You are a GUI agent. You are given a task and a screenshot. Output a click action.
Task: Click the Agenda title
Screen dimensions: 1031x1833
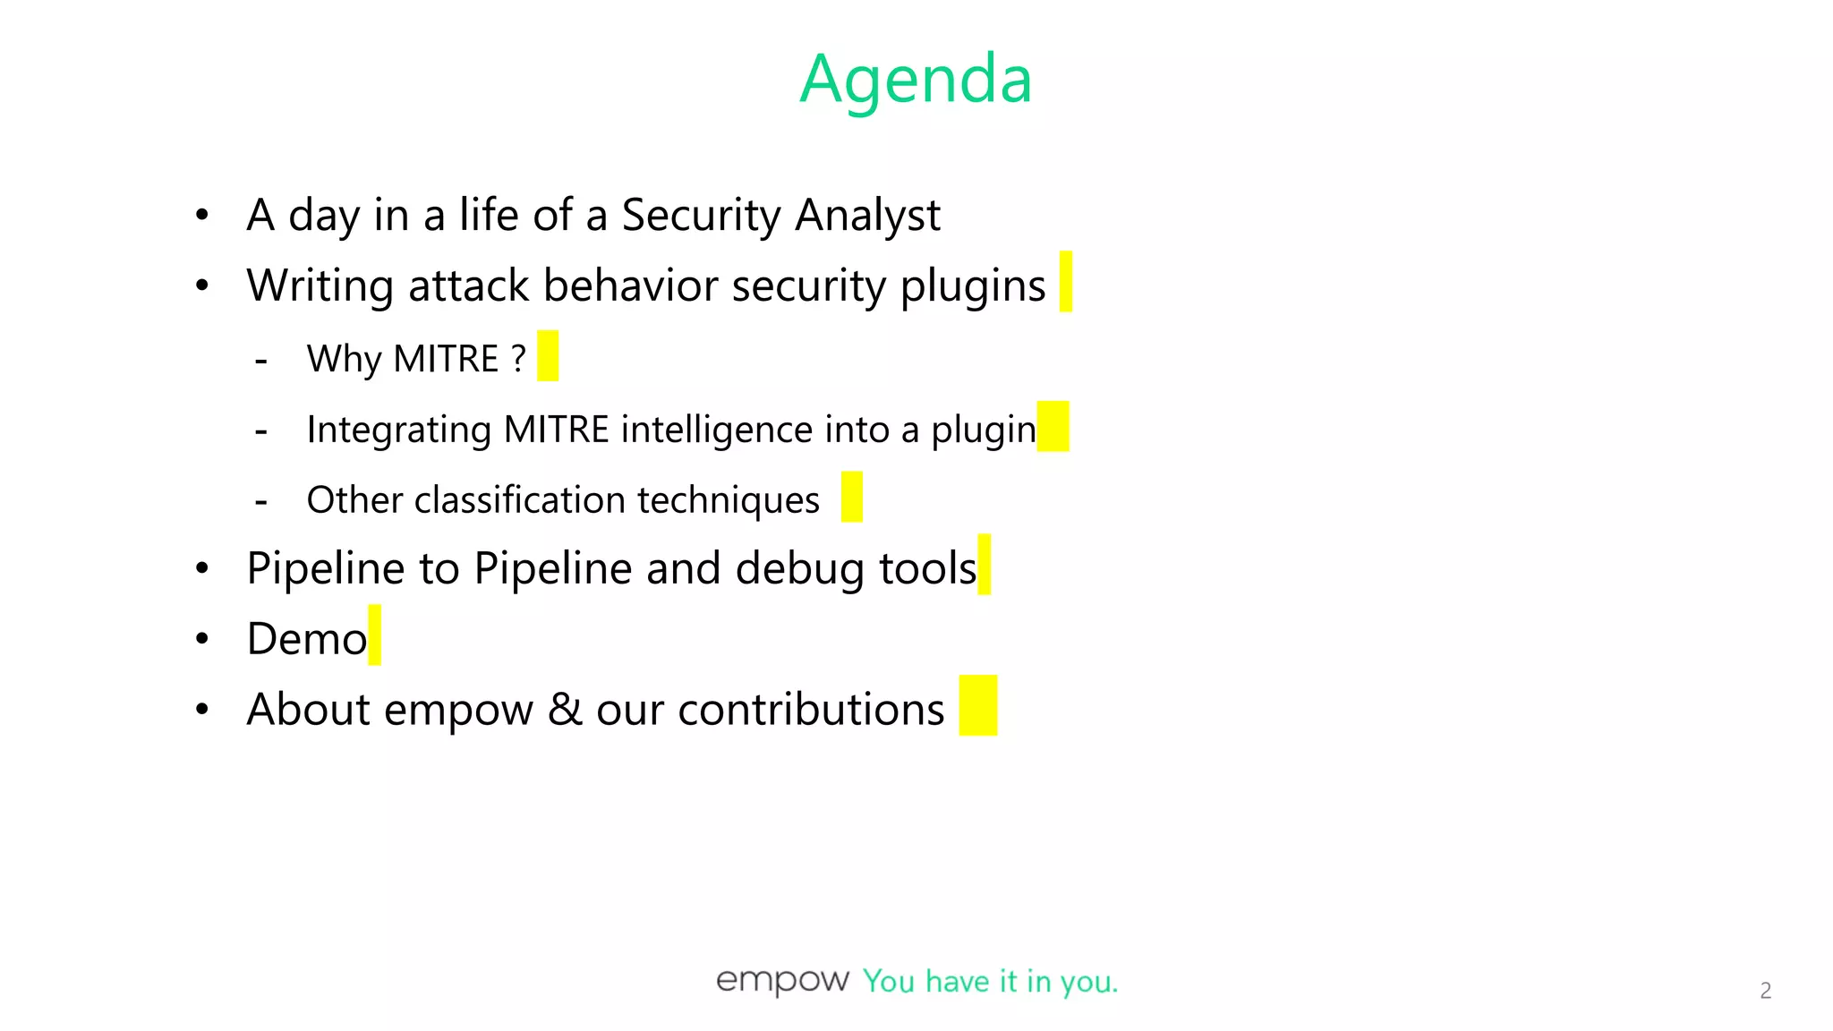tap(916, 79)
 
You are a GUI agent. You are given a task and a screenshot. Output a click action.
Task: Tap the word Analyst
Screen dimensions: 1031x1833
tap(867, 216)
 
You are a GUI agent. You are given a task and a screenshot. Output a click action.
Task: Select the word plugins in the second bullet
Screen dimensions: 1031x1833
tap(972, 286)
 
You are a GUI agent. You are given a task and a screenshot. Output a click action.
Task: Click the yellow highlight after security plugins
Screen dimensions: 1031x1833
tap(1065, 282)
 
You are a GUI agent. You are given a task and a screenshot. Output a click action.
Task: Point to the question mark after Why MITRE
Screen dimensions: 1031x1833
tap(518, 358)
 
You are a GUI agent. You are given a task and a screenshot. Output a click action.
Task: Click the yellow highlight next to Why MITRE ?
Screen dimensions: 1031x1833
tap(548, 356)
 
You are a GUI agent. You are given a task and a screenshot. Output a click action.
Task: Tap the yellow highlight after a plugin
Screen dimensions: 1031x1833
tap(1053, 427)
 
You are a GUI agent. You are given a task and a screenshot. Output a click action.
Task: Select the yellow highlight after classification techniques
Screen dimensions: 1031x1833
tap(851, 497)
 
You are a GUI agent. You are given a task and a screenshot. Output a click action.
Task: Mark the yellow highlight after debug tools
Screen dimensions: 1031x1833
tap(984, 565)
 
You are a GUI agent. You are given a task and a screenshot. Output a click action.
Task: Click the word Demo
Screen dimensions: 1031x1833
tap(306, 639)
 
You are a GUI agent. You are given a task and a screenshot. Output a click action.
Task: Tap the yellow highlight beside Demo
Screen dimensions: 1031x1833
tap(374, 635)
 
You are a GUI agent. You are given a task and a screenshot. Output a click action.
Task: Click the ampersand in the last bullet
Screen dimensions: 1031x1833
tap(564, 709)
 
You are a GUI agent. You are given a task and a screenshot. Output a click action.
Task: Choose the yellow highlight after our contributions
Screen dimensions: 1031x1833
tap(977, 706)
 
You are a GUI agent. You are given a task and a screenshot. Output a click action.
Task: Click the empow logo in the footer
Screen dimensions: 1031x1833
tap(781, 981)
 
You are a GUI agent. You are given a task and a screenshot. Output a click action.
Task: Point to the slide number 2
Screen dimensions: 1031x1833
tap(1765, 991)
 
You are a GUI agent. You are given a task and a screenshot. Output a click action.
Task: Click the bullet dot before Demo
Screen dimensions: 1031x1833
tap(202, 639)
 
